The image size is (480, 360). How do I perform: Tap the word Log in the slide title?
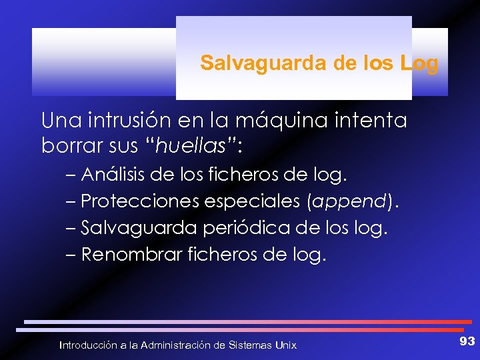tap(420, 64)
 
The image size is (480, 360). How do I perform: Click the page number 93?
tap(467, 341)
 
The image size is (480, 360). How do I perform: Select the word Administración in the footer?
tap(171, 345)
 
